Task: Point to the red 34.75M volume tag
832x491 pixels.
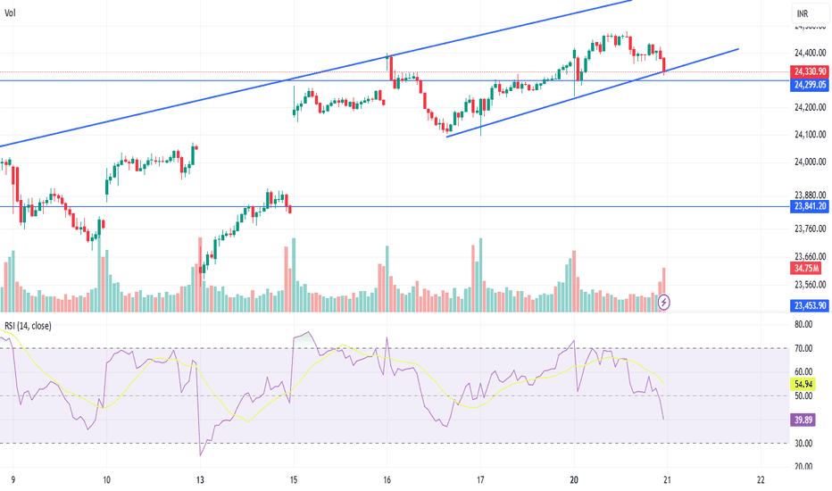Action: coord(806,269)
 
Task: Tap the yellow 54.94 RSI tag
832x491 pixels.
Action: coord(802,383)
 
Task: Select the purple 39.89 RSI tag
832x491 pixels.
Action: coord(802,418)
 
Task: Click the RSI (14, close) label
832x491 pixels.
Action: coord(28,326)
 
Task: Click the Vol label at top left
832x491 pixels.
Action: coord(10,13)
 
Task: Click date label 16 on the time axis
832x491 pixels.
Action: coord(388,479)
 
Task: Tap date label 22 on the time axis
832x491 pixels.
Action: coord(760,479)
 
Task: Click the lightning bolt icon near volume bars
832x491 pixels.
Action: coord(664,303)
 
